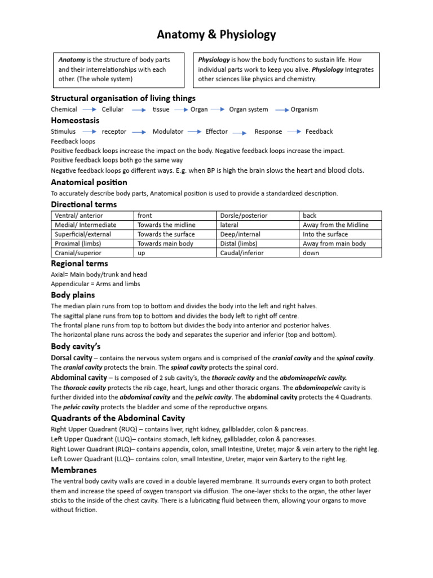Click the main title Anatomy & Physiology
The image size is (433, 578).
tap(216, 35)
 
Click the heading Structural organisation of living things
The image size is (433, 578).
tap(123, 98)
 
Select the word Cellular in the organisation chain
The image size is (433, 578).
tap(112, 110)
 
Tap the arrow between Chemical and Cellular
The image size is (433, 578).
tap(89, 110)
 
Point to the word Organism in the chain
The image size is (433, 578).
tap(304, 110)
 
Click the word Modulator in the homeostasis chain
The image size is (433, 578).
tap(168, 132)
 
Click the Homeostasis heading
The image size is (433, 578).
tap(75, 120)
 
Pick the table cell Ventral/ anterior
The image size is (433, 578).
tap(79, 216)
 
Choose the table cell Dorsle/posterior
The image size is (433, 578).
tap(244, 216)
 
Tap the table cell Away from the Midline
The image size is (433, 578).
tap(335, 225)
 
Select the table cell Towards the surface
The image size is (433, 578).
tap(166, 234)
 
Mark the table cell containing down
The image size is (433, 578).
tap(311, 253)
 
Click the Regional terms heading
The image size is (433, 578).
tap(79, 264)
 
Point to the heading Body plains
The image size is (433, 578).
tap(73, 295)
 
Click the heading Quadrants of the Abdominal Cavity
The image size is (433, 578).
tap(118, 418)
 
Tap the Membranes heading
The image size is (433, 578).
tap(74, 470)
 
